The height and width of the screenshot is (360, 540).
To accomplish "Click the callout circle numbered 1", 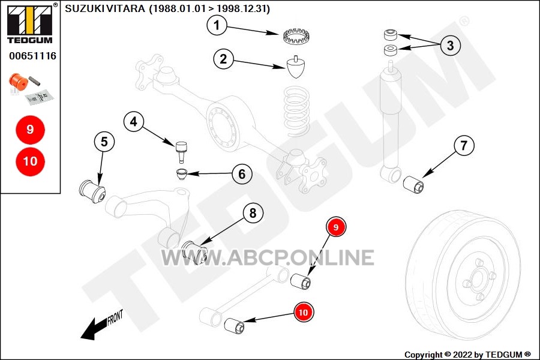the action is (x=217, y=25).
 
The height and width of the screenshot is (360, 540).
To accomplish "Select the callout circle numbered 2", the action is (x=223, y=59).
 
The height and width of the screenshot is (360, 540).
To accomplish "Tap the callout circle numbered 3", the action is (x=450, y=45).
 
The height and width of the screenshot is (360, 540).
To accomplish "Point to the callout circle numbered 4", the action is (x=134, y=121).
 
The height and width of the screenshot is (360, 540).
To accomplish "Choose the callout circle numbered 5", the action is (x=104, y=142).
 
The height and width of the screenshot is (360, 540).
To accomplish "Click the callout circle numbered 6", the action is (x=242, y=174).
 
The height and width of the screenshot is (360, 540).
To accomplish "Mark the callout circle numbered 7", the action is (x=464, y=145).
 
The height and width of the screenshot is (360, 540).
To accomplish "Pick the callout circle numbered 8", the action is (x=253, y=213).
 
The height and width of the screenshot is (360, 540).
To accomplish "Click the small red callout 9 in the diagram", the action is (x=336, y=227).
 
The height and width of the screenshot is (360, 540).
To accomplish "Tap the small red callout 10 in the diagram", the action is (x=303, y=312).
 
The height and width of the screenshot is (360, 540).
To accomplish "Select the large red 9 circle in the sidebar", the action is (x=31, y=130).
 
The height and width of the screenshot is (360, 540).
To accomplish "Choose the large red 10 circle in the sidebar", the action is (x=31, y=161).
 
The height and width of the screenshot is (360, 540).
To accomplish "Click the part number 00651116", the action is (x=33, y=56).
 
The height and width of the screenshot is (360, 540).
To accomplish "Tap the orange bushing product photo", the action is (x=19, y=82).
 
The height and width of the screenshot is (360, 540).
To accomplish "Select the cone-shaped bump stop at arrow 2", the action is (x=296, y=67).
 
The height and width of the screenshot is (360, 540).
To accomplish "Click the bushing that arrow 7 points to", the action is (x=413, y=185).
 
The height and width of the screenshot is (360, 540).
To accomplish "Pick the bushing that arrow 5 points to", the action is (x=92, y=191).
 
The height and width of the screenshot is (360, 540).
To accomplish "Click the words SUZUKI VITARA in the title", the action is (x=105, y=8).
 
